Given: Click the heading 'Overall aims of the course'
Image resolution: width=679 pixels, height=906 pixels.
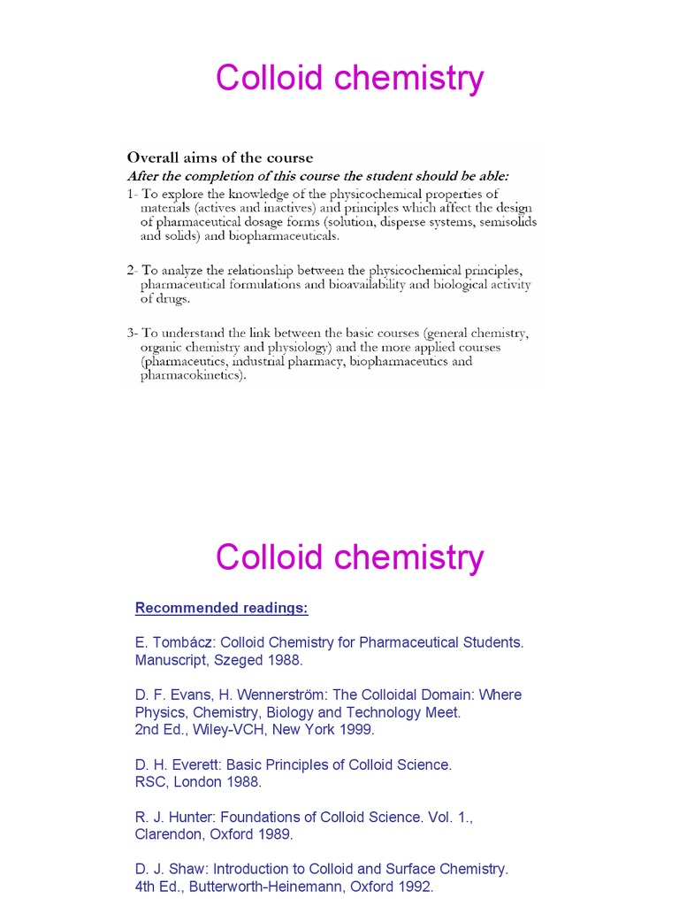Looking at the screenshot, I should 220,157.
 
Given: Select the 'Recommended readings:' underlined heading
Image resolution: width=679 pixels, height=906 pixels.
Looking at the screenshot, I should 221,608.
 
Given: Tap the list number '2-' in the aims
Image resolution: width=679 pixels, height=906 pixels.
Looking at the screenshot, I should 130,269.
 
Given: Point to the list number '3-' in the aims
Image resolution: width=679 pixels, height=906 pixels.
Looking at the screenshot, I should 130,333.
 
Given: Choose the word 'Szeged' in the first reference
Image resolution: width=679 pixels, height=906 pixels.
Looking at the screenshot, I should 243,660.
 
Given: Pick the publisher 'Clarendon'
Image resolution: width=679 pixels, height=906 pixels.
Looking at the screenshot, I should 169,834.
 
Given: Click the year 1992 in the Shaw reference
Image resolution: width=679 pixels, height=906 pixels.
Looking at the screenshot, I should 415,887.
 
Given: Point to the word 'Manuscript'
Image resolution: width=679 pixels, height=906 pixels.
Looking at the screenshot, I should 172,660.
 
